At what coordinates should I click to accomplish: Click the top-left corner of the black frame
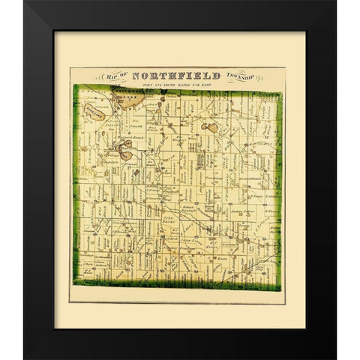click(x=25, y=2)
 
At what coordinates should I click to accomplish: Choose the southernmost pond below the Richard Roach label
click(x=130, y=156)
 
